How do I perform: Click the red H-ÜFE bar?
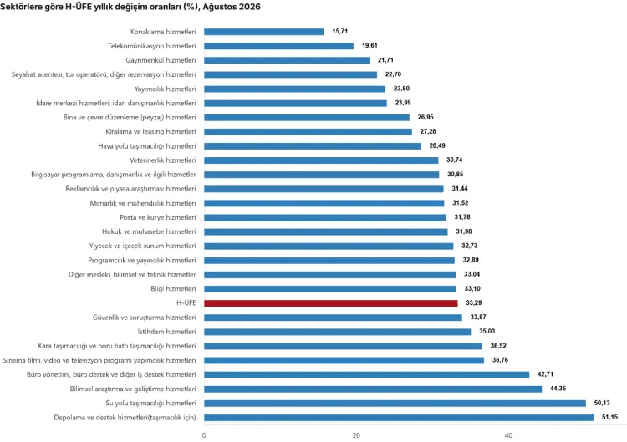click(x=331, y=303)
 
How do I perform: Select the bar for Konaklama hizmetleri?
click(x=264, y=32)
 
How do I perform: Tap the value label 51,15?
click(x=609, y=417)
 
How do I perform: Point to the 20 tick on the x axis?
click(x=356, y=435)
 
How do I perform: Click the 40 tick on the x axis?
click(x=508, y=435)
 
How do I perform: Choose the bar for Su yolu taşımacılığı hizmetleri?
click(x=395, y=404)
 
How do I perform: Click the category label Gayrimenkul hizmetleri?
click(x=161, y=60)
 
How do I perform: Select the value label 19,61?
click(x=370, y=46)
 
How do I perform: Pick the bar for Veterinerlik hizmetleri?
click(x=321, y=160)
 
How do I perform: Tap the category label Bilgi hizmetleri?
click(x=174, y=288)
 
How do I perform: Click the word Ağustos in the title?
click(x=217, y=7)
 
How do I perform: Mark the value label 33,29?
click(x=474, y=303)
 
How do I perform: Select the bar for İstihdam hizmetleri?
click(x=338, y=332)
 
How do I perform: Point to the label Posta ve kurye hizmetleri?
click(x=158, y=217)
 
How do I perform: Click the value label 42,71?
click(x=545, y=374)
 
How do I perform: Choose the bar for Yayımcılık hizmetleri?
click(x=295, y=89)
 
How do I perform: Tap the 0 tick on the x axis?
click(x=204, y=435)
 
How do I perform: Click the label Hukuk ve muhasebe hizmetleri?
click(x=149, y=231)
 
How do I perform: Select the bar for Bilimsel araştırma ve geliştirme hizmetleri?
click(x=373, y=389)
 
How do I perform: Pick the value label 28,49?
click(x=437, y=145)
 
